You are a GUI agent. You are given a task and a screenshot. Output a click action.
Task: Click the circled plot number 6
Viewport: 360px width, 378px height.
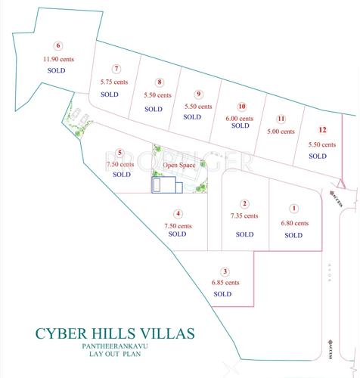pyautogui.click(x=48, y=45)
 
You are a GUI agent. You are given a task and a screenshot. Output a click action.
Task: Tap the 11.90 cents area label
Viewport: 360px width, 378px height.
pyautogui.click(x=56, y=57)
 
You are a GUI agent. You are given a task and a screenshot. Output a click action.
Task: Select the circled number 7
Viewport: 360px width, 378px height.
pyautogui.click(x=116, y=68)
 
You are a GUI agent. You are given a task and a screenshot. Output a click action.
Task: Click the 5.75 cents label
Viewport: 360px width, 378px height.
pyautogui.click(x=114, y=81)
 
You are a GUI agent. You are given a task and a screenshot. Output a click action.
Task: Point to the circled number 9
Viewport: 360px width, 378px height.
pyautogui.click(x=199, y=94)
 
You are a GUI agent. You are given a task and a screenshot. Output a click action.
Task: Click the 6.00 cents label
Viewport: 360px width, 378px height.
pyautogui.click(x=240, y=117)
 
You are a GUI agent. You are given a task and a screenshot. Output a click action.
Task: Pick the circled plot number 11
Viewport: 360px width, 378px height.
pyautogui.click(x=281, y=119)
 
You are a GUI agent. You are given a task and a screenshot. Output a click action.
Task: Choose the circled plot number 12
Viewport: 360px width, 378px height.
pyautogui.click(x=322, y=129)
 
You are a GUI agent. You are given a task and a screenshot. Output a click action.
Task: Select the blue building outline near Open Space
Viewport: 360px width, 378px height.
pyautogui.click(x=166, y=185)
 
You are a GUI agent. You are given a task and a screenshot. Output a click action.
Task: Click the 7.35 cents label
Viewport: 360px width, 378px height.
pyautogui.click(x=244, y=215)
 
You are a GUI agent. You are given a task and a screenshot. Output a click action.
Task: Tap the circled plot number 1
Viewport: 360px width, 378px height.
pyautogui.click(x=294, y=208)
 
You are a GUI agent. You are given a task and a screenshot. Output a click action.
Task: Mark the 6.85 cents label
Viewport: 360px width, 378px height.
pyautogui.click(x=225, y=283)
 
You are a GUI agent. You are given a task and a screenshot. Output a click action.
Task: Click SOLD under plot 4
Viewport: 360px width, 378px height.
pyautogui.click(x=177, y=234)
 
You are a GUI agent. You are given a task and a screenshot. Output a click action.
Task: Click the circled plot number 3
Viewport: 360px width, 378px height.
pyautogui.click(x=225, y=271)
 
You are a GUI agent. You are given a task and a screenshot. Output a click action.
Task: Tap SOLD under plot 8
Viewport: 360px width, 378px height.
pyautogui.click(x=154, y=109)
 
